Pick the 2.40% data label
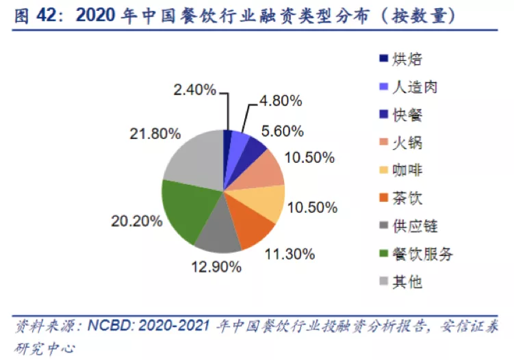[194, 89]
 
